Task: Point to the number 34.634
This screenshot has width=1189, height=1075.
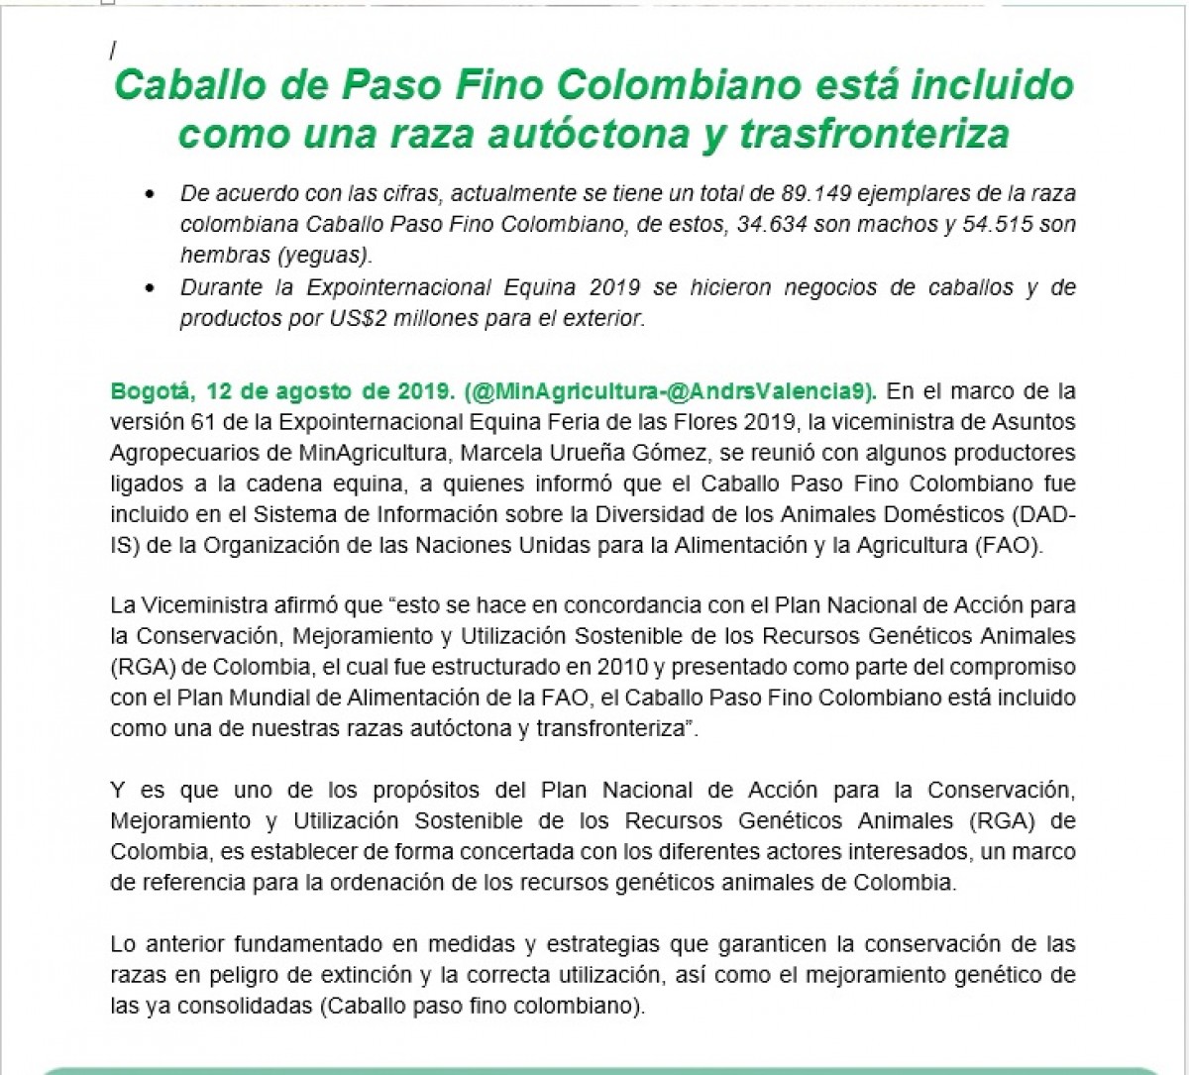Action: pos(773,224)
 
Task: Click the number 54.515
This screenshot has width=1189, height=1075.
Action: pos(1001,224)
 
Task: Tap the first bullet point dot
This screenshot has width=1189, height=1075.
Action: pos(151,195)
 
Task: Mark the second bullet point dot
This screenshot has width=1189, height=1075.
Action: pos(151,289)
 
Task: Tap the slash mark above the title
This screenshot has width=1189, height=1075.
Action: pos(113,50)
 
